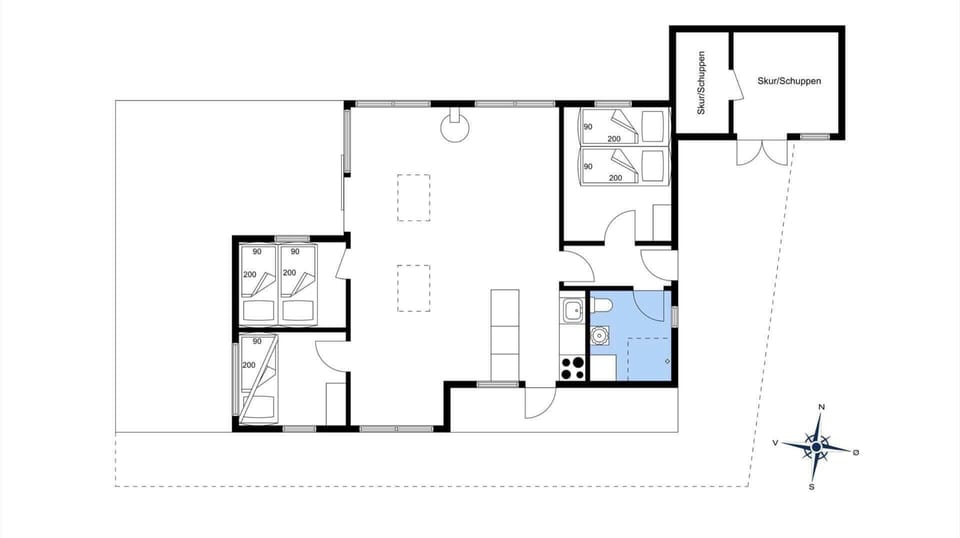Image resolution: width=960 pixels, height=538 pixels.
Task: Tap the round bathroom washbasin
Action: pyautogui.click(x=600, y=337)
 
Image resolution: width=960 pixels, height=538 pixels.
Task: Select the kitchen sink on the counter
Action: pyautogui.click(x=572, y=312)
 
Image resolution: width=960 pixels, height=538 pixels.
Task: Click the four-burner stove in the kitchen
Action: pyautogui.click(x=573, y=368)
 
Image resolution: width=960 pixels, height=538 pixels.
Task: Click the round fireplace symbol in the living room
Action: pyautogui.click(x=454, y=129)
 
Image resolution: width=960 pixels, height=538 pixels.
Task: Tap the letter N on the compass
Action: pyautogui.click(x=821, y=407)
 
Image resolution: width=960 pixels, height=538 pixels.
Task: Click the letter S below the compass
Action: pyautogui.click(x=812, y=487)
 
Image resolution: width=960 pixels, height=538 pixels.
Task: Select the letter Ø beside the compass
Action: pyautogui.click(x=856, y=453)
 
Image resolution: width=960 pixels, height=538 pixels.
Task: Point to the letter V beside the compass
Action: pyautogui.click(x=775, y=441)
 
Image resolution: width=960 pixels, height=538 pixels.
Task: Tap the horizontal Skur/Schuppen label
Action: pyautogui.click(x=790, y=81)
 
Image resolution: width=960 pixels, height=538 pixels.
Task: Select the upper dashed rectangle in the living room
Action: pyautogui.click(x=413, y=196)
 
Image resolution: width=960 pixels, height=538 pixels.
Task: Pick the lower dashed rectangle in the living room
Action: pyautogui.click(x=413, y=288)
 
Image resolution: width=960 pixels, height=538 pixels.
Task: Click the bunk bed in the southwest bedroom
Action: pyautogui.click(x=259, y=377)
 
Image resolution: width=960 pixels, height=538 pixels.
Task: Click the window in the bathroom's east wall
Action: pyautogui.click(x=676, y=316)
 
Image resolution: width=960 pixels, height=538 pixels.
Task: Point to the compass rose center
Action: pyautogui.click(x=816, y=447)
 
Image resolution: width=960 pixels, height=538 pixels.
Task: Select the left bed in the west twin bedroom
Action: pyautogui.click(x=258, y=284)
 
